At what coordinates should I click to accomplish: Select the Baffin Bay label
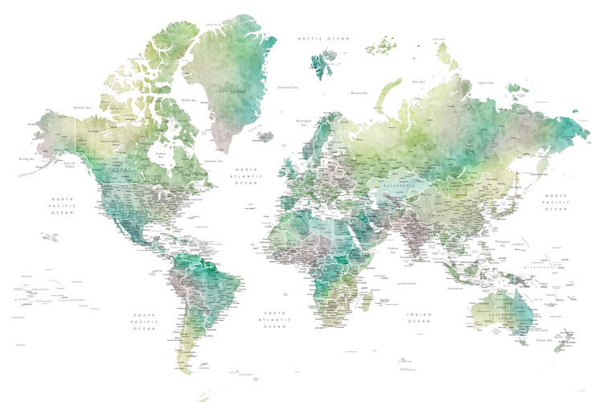(189, 100)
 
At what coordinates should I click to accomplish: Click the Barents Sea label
(359, 92)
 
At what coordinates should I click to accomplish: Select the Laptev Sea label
(485, 82)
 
